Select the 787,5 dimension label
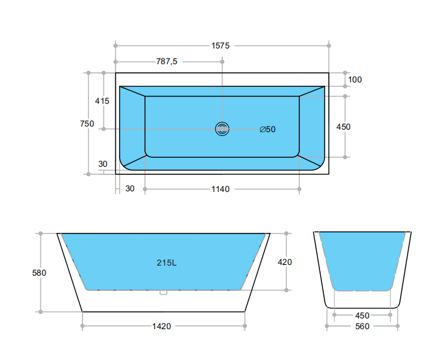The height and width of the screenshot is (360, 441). [x=167, y=61]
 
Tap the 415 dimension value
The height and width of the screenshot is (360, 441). [x=102, y=101]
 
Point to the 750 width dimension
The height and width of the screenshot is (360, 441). [x=87, y=123]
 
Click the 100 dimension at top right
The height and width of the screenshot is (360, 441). [x=355, y=79]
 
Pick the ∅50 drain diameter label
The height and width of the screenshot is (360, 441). [x=268, y=129]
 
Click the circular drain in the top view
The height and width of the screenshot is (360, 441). [x=222, y=129]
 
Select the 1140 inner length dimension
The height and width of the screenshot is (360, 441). [x=220, y=189]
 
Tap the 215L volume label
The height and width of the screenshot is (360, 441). [x=166, y=263]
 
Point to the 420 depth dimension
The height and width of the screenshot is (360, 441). [x=285, y=262]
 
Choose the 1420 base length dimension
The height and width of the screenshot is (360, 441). [x=161, y=326]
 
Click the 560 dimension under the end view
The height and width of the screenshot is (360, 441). [x=362, y=326]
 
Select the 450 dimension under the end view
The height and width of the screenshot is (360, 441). [x=362, y=315]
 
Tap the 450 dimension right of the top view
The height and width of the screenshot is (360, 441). [x=343, y=127]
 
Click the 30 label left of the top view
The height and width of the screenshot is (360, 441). [x=103, y=164]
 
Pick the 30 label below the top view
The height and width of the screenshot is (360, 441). [x=130, y=189]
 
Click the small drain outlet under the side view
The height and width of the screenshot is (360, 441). [x=164, y=291]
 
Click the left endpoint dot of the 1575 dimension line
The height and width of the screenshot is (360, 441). [x=115, y=45]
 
